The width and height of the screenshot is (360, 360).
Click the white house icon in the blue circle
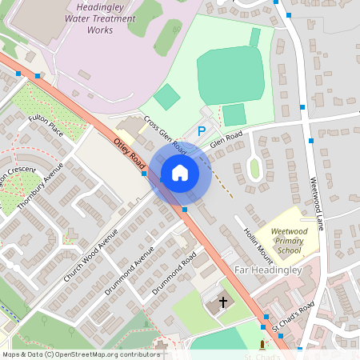tap(180, 173)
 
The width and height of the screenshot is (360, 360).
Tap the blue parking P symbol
tap(202, 131)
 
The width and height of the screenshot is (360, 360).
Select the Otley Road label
tap(128, 151)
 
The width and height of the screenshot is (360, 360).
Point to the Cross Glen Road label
tap(166, 136)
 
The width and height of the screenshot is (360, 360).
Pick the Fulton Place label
tap(46, 126)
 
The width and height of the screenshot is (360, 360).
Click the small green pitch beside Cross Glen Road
tap(167, 97)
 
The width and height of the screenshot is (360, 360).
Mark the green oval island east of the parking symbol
tap(254, 169)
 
